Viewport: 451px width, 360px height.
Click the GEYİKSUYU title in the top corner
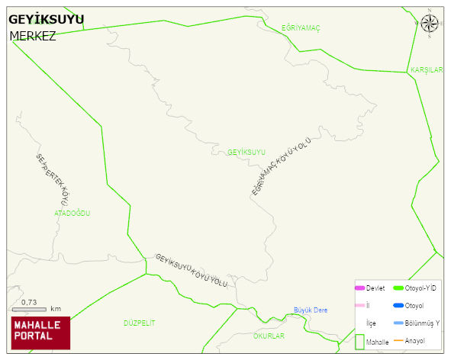pos(46,19)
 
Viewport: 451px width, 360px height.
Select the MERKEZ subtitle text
pos(33,36)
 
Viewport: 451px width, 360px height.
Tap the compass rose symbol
pos(430,24)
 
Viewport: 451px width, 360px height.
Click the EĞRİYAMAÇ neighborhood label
pos(301,28)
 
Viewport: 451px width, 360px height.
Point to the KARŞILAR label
pos(427,70)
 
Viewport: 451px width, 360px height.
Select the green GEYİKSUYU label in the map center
pos(246,153)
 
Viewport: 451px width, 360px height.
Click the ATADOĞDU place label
pos(72,214)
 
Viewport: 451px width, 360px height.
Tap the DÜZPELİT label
pos(139,323)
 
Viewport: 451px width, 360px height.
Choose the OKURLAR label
pos(268,336)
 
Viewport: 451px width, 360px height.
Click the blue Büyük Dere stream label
pos(311,310)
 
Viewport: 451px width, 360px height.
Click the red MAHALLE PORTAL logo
pos(40,332)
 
